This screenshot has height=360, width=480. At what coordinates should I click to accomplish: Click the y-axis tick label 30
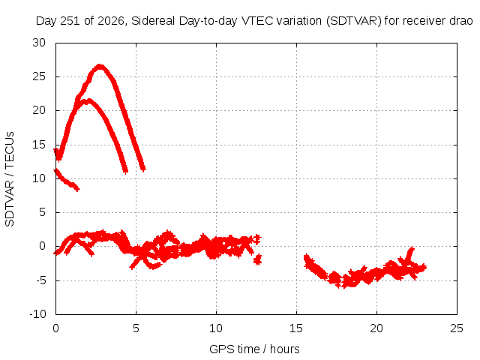pyautogui.click(x=39, y=43)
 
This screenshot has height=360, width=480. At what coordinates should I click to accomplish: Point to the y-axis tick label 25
pyautogui.click(x=39, y=76)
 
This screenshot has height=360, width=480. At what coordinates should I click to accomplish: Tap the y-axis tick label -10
pyautogui.click(x=37, y=314)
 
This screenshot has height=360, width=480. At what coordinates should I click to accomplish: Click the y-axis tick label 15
pyautogui.click(x=39, y=145)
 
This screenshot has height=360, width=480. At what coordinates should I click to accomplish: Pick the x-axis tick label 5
pyautogui.click(x=136, y=328)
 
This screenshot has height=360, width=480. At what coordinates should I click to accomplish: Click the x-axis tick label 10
pyautogui.click(x=216, y=328)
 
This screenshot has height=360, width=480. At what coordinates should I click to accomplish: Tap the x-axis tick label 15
pyautogui.click(x=296, y=328)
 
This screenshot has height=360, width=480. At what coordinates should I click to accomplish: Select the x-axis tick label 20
pyautogui.click(x=376, y=328)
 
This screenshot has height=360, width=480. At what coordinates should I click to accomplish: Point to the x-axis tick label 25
pyautogui.click(x=457, y=328)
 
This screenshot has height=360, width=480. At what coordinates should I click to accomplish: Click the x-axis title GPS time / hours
pyautogui.click(x=254, y=349)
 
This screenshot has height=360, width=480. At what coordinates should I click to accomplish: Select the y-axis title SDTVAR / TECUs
pyautogui.click(x=10, y=179)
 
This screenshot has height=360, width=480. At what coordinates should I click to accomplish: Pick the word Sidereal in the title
pyautogui.click(x=153, y=21)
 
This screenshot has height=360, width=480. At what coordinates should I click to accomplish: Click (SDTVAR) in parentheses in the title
pyautogui.click(x=353, y=21)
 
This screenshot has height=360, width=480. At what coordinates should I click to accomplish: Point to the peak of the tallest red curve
pyautogui.click(x=100, y=67)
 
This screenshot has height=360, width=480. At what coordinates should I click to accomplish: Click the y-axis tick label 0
pyautogui.click(x=42, y=246)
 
